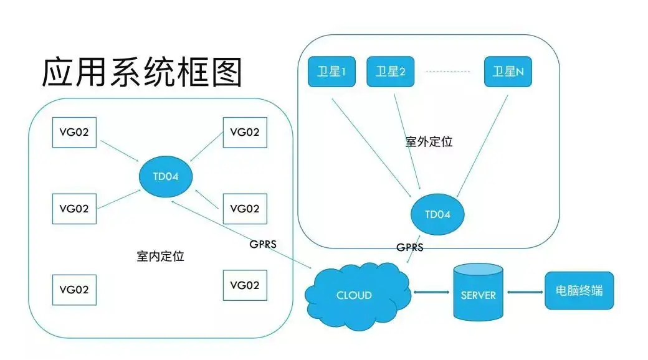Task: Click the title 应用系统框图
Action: point(141,73)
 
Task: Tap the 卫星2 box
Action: point(390,72)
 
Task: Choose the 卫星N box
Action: point(508,72)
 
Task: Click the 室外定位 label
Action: point(429,142)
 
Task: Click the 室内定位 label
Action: point(160,256)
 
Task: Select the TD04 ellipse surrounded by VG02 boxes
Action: point(165,176)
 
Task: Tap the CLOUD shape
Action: point(355,295)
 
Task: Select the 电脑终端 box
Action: point(579,291)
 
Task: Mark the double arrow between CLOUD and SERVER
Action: point(432,291)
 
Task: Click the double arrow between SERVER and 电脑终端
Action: point(524,291)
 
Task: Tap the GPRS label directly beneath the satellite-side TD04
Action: point(410,247)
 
